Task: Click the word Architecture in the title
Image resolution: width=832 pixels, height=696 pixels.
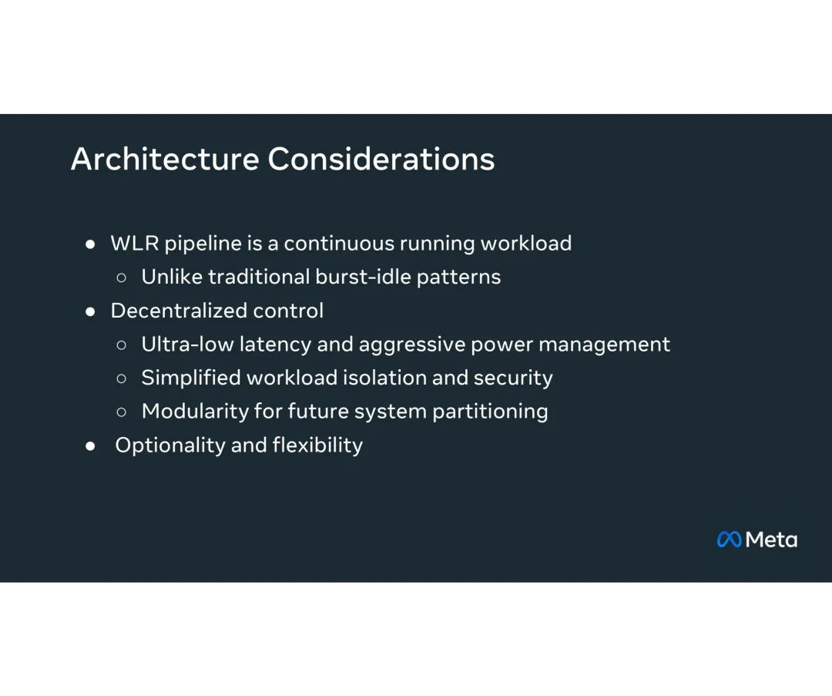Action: [165, 159]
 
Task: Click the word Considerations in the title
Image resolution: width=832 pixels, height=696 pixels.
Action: [381, 159]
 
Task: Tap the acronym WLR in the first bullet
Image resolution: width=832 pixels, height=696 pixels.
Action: [135, 243]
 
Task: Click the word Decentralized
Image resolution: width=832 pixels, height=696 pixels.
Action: [179, 311]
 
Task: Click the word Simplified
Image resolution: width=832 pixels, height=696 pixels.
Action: [191, 378]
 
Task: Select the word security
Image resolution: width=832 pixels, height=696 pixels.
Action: [513, 378]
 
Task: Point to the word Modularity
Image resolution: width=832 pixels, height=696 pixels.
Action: [195, 412]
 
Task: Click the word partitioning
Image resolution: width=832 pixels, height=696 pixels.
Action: [490, 412]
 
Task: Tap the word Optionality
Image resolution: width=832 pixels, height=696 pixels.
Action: [170, 446]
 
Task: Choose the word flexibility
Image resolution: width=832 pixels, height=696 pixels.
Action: [318, 446]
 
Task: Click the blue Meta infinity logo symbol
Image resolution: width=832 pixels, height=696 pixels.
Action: [729, 540]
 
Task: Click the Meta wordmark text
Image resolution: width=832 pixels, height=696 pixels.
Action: [771, 540]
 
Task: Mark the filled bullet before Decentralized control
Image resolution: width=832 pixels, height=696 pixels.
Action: [90, 311]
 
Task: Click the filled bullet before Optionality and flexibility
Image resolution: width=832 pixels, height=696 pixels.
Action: [90, 446]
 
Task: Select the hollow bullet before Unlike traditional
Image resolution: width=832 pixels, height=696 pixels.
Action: [122, 277]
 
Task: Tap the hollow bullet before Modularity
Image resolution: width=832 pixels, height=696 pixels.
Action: [122, 412]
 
